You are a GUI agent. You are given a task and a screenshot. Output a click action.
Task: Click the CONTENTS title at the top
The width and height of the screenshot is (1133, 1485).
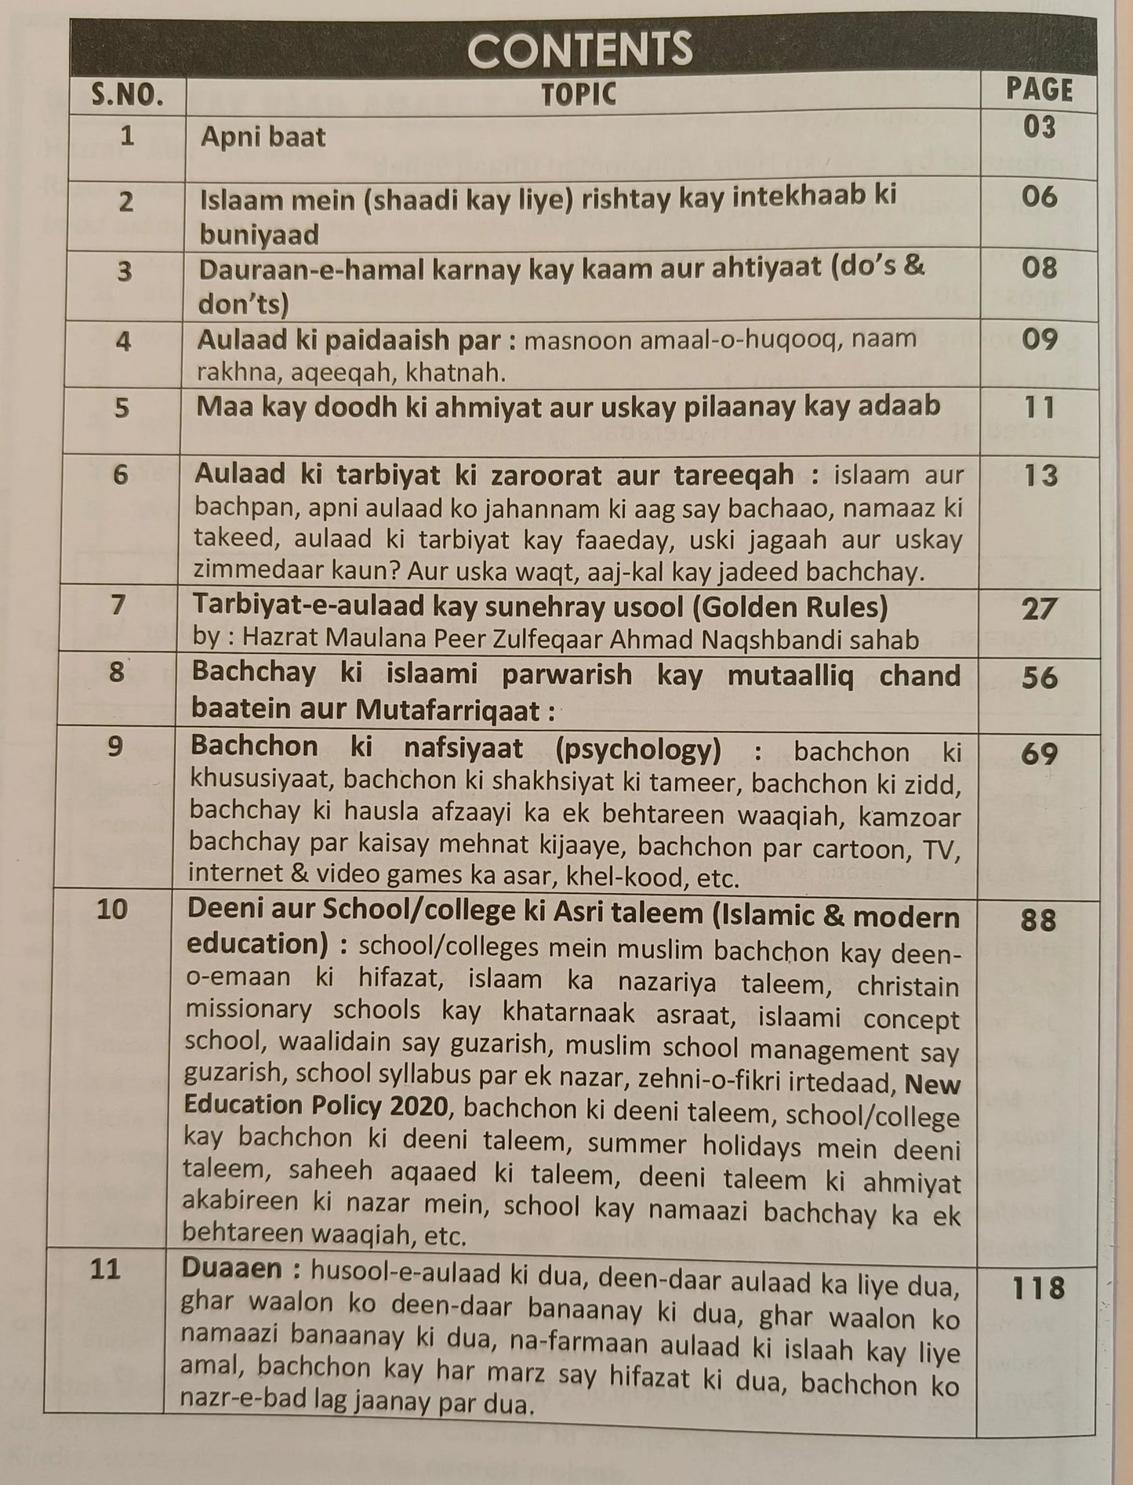pos(580,49)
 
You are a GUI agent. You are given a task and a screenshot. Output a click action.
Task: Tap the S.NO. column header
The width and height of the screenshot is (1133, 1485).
pos(127,94)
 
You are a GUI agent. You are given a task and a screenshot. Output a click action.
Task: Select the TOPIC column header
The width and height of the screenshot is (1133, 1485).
pos(579,94)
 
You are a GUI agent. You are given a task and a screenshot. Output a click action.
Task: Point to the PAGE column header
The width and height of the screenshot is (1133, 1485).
pos(1039,90)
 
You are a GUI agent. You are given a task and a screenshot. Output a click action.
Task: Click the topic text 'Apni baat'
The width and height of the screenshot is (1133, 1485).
pos(263,137)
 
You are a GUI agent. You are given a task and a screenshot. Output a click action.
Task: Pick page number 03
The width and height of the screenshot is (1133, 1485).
pos(1040,127)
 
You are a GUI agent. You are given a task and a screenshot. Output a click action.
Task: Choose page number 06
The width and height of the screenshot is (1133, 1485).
pos(1040,196)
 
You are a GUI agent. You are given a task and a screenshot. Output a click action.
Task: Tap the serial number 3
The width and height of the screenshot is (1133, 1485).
pos(125,271)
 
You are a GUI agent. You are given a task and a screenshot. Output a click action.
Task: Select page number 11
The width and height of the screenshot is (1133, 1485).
pos(1040,408)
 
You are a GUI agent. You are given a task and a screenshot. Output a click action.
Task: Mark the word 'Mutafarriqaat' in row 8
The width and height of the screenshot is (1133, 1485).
pos(448,710)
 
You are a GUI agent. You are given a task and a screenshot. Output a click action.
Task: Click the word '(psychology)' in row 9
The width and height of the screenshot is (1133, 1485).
pos(637,750)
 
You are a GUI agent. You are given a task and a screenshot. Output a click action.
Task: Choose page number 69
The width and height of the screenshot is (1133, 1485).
pos(1040,754)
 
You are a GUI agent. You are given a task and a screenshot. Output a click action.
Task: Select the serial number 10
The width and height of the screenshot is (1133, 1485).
pos(111,909)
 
